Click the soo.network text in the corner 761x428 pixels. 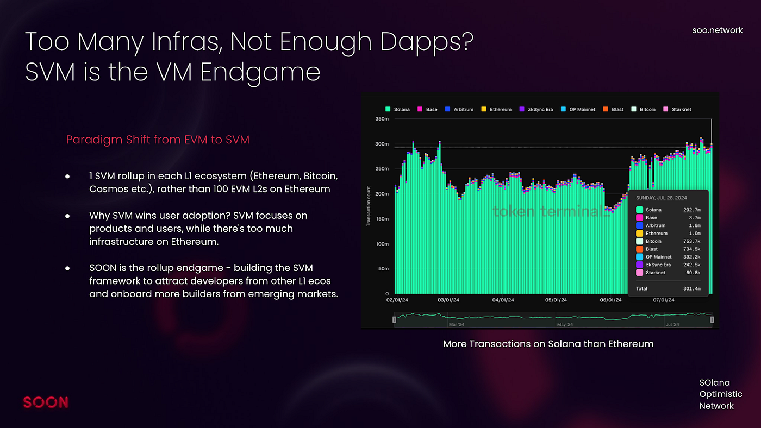click(x=717, y=30)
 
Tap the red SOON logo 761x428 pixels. click(x=46, y=402)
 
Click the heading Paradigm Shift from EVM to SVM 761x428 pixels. click(x=158, y=140)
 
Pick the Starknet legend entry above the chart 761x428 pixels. click(x=678, y=109)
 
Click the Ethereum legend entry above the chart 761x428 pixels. click(x=496, y=109)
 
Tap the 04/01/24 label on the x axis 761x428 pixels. click(x=503, y=300)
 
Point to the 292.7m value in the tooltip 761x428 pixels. click(x=691, y=210)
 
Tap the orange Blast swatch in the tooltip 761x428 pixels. click(x=639, y=249)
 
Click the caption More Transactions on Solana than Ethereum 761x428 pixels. click(x=548, y=344)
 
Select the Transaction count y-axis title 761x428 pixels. click(x=369, y=206)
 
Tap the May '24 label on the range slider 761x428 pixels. click(x=565, y=325)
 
